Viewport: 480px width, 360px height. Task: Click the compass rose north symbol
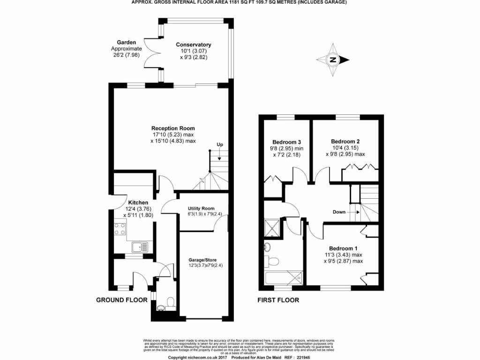333,60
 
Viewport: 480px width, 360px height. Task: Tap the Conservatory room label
193,45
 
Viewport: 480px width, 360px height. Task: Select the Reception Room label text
173,128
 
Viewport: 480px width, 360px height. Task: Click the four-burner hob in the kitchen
120,229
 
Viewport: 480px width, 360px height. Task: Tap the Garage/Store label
202,260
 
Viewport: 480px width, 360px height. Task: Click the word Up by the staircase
219,145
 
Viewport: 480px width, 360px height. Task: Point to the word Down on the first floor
339,212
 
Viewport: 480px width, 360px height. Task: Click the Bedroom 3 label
286,142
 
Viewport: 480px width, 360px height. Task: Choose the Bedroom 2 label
345,141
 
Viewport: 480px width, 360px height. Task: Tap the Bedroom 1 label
343,248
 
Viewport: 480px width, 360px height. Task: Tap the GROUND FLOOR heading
122,300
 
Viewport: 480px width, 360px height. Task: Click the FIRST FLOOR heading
277,300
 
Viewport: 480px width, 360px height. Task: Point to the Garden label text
126,42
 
